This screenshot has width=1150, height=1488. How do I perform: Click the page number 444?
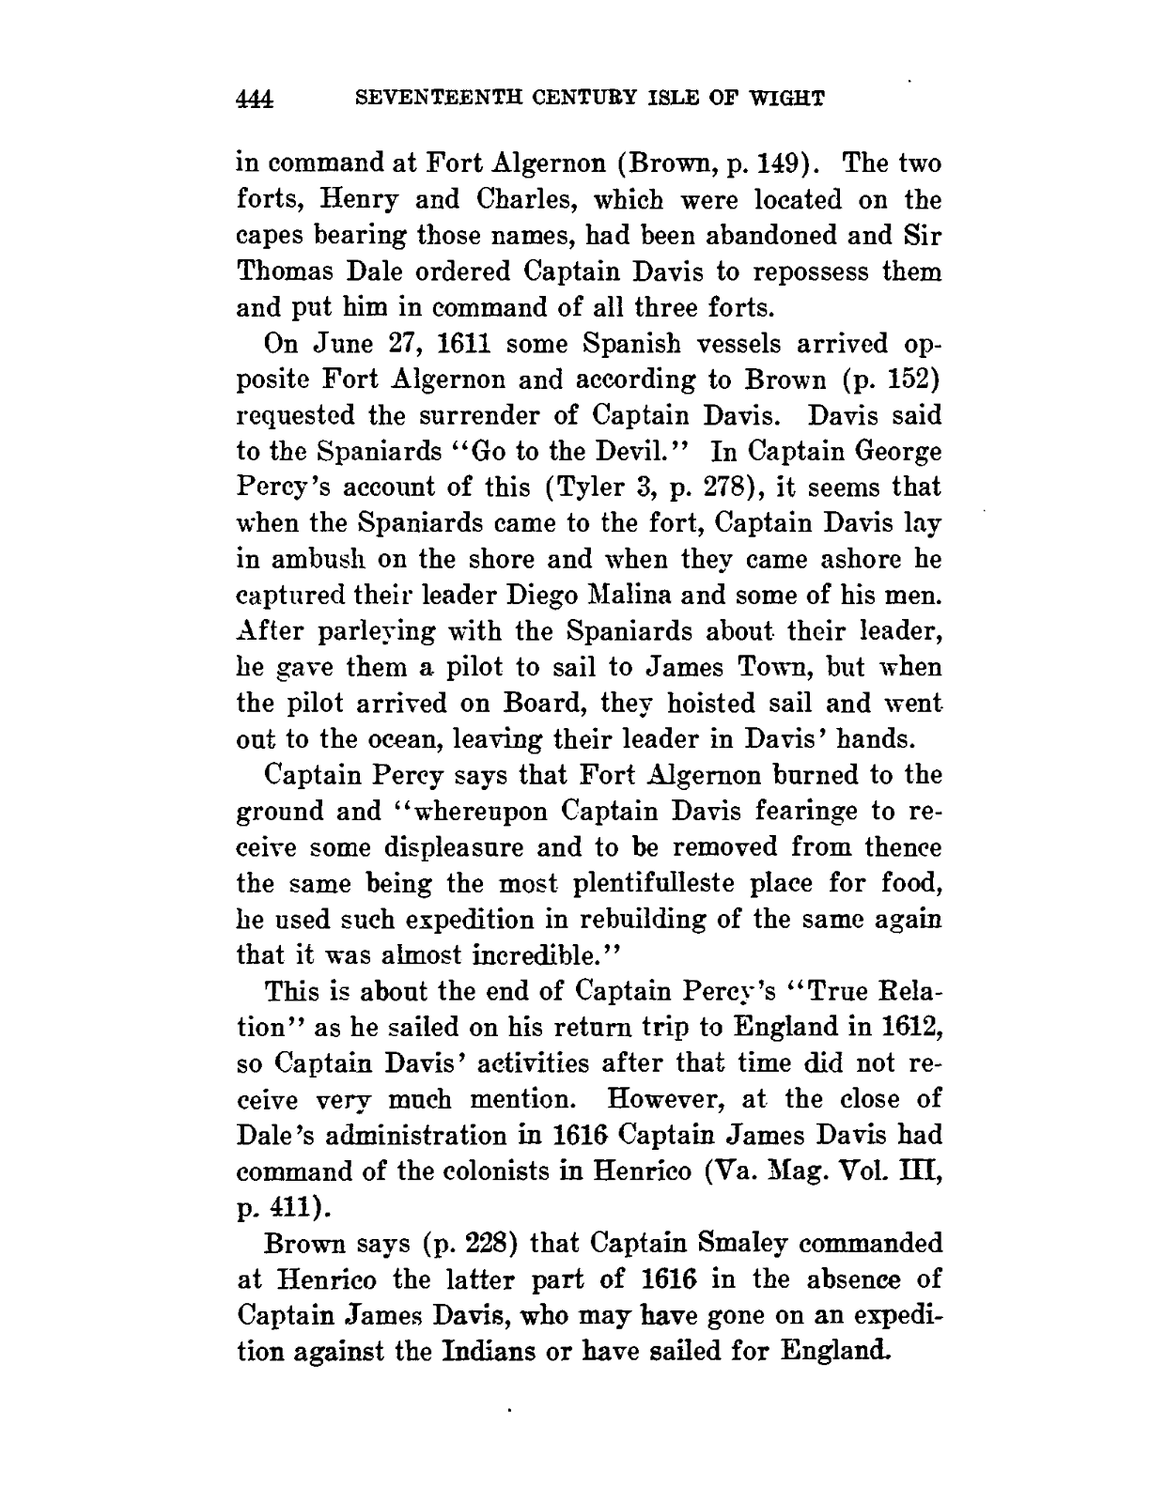coord(255,99)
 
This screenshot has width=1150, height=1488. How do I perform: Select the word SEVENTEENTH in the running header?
coord(426,98)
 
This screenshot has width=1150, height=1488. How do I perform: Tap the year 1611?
coord(459,345)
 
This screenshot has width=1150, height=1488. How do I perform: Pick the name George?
coord(887,452)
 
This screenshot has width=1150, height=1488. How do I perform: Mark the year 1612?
coord(909,1027)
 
